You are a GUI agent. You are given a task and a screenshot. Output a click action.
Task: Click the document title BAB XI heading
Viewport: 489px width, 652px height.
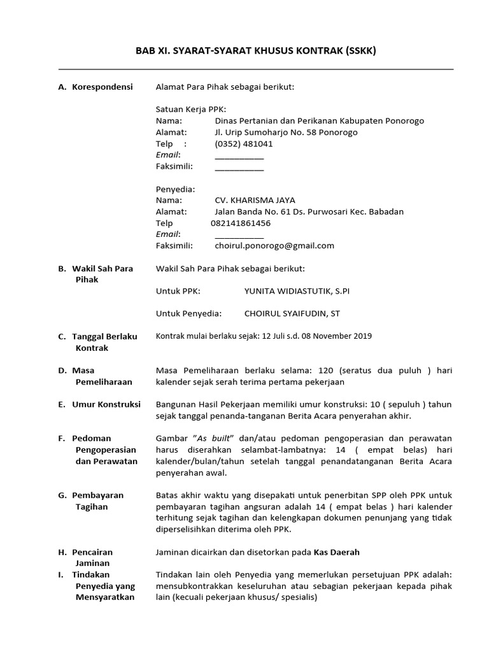pyautogui.click(x=255, y=50)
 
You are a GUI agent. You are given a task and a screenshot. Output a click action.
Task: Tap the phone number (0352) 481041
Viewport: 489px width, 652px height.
pyautogui.click(x=244, y=144)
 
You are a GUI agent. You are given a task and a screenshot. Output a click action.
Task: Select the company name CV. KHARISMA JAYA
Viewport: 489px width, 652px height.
pyautogui.click(x=255, y=200)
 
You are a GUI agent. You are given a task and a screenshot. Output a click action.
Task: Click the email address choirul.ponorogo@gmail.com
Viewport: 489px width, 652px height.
pyautogui.click(x=274, y=246)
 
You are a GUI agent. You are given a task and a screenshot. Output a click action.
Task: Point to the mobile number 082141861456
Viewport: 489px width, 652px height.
pyautogui.click(x=240, y=223)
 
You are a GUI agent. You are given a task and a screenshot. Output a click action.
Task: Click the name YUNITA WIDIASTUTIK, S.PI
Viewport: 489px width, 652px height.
pyautogui.click(x=297, y=291)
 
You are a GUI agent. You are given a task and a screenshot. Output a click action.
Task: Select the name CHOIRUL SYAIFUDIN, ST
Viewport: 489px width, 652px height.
pyautogui.click(x=292, y=313)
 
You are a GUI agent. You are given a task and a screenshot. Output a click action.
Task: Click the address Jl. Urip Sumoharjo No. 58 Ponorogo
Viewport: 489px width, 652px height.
pyautogui.click(x=286, y=132)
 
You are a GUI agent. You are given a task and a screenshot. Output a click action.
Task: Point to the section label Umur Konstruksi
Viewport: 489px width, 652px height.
pyautogui.click(x=106, y=404)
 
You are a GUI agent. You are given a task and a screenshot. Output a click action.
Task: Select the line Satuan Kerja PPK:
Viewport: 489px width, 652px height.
pyautogui.click(x=191, y=110)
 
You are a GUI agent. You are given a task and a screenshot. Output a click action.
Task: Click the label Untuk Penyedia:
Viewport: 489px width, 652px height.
pyautogui.click(x=188, y=313)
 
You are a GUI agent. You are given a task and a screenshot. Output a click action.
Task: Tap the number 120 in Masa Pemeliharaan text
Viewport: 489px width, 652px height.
pyautogui.click(x=326, y=371)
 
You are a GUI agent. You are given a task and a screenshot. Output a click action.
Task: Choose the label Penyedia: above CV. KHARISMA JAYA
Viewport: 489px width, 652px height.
pyautogui.click(x=175, y=189)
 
